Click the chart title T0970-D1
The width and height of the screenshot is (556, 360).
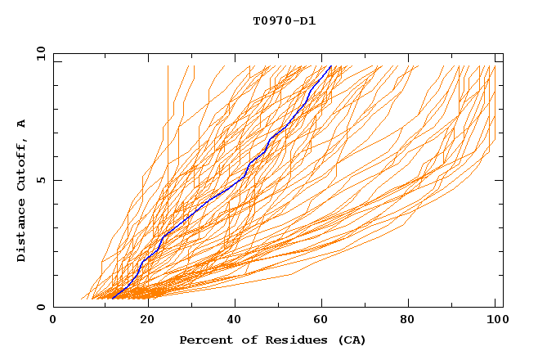pyautogui.click(x=284, y=20)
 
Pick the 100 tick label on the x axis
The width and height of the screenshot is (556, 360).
pyautogui.click(x=496, y=321)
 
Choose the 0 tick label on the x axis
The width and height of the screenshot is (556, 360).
pyautogui.click(x=53, y=321)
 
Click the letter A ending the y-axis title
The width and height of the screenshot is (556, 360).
pyautogui.click(x=22, y=123)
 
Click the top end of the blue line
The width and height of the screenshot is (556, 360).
pyautogui.click(x=330, y=66)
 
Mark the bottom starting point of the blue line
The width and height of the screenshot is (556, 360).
pyautogui.click(x=113, y=297)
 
